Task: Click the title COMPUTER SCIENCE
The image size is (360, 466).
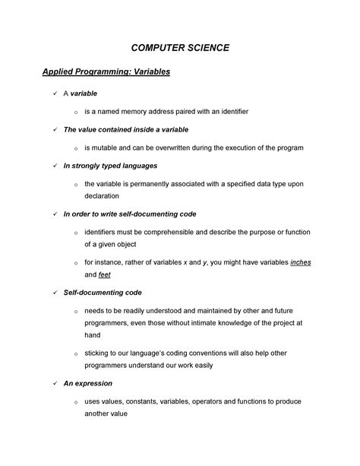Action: click(180, 48)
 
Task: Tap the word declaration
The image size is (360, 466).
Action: click(104, 195)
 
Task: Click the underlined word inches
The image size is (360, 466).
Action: click(300, 262)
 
